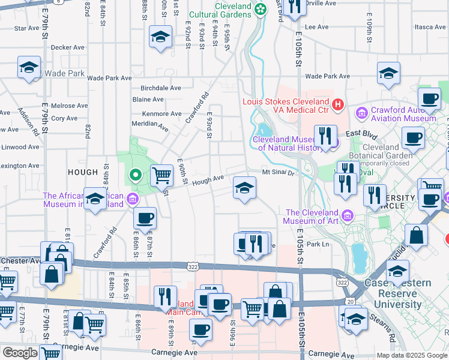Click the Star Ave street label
26,28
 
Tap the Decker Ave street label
67,47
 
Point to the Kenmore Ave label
161,114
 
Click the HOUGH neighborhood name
82,172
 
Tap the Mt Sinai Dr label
279,173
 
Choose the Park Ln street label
318,244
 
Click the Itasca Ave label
429,27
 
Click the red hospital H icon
337,105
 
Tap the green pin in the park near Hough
136,175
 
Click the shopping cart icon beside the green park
161,175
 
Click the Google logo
20,353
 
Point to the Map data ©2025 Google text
411,355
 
